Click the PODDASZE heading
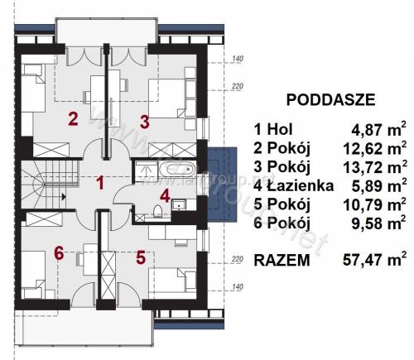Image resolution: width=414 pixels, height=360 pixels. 330,100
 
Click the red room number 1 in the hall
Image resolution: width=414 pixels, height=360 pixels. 100,183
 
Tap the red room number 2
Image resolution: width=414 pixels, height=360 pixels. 73,119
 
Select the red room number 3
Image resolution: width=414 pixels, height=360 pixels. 145,122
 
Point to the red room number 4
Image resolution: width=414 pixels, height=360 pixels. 165,196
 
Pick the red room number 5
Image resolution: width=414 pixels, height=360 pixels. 141,257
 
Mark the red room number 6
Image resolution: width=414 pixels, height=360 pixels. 60,253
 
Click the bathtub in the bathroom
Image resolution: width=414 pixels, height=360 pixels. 177,170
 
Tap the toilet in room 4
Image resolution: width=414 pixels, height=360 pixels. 157,212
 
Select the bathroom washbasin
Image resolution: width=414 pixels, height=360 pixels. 179,204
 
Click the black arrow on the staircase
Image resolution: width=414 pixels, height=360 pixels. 64,197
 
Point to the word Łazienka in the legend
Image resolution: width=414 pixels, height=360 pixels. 301,185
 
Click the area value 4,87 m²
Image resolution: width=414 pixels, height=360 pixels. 378,129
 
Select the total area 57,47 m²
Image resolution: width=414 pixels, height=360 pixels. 374,260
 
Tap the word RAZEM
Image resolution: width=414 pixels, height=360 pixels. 282,260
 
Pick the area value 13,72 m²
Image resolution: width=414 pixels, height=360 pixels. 375,167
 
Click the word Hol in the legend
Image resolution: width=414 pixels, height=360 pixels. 280,129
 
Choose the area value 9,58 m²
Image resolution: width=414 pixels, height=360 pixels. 378,223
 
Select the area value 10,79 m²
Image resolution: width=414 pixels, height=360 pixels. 375,204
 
